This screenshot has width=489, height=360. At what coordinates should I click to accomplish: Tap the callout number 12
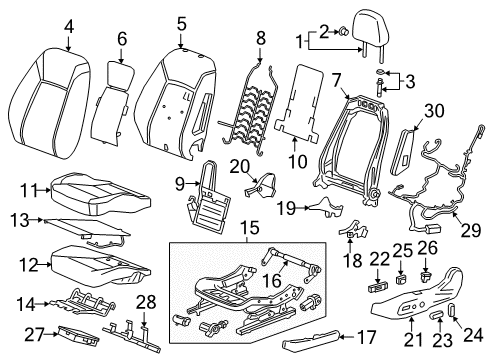tap(31, 265)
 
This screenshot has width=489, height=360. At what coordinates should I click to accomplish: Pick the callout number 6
tap(123, 38)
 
